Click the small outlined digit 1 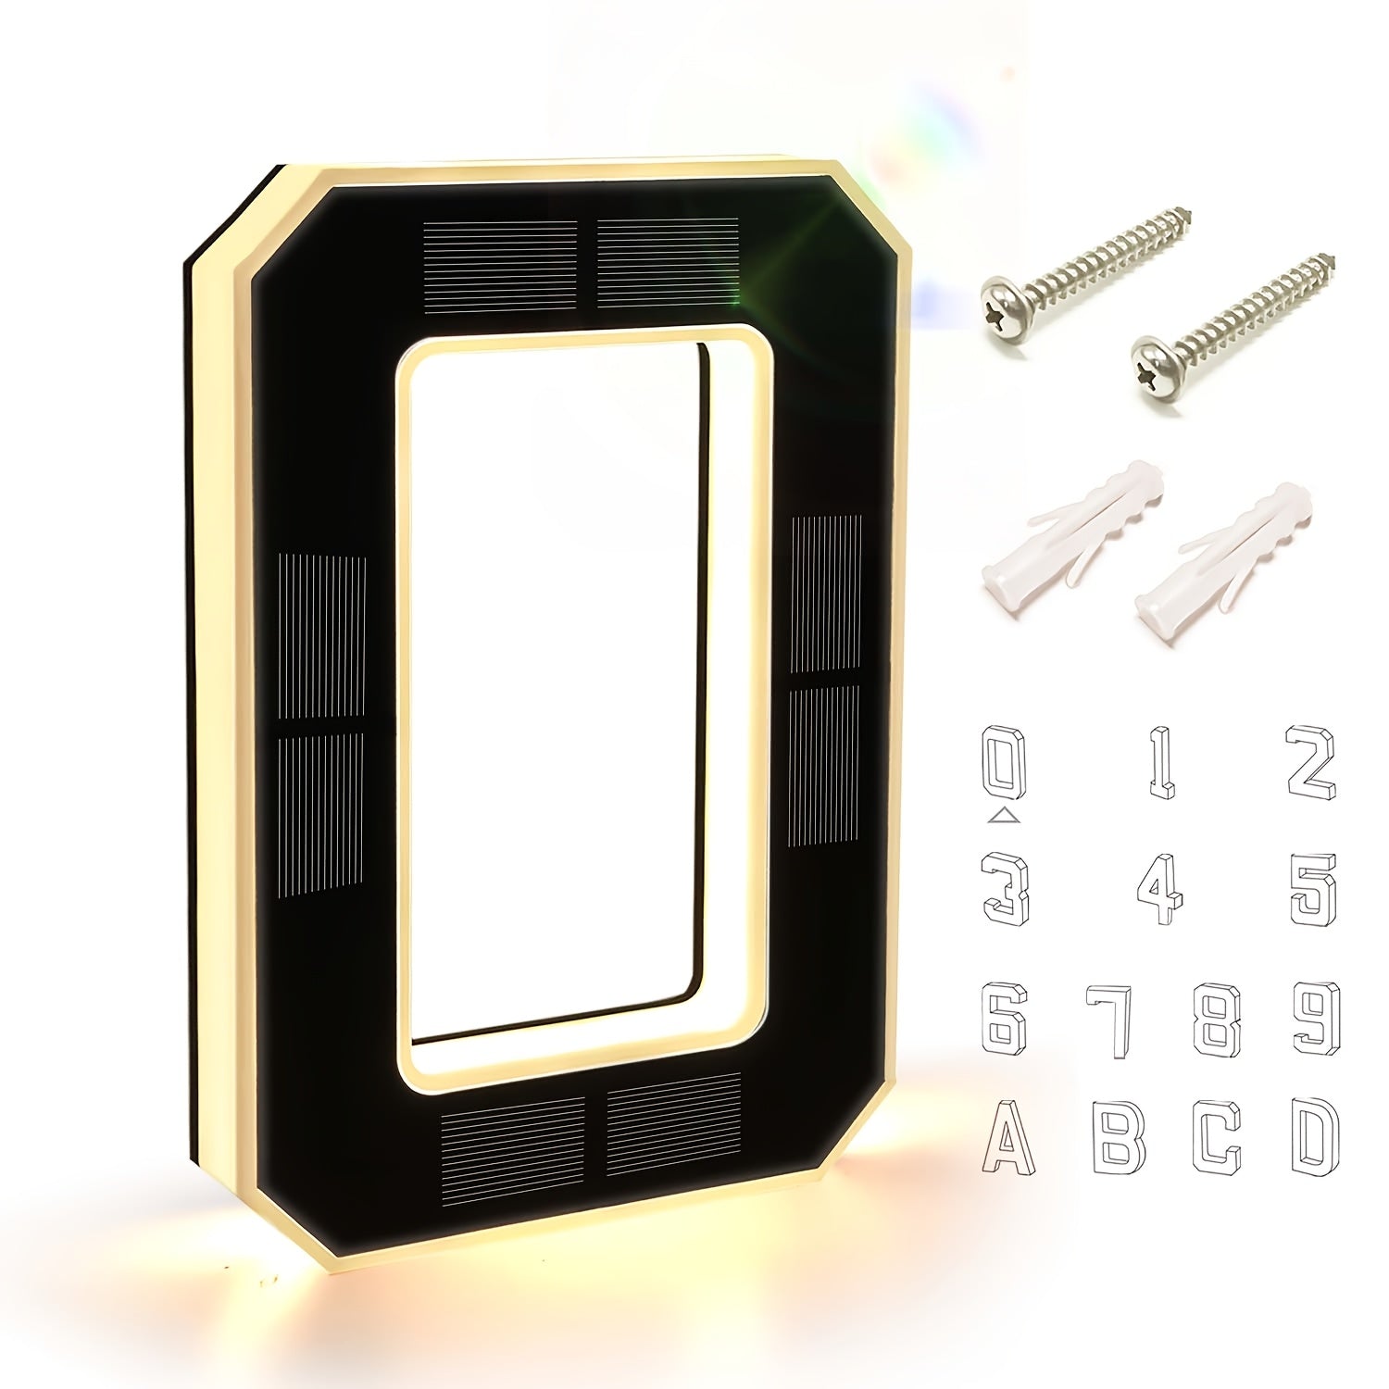point(1161,763)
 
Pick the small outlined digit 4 point(1159,889)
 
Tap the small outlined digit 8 point(1217,1020)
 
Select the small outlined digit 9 point(1317,1019)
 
